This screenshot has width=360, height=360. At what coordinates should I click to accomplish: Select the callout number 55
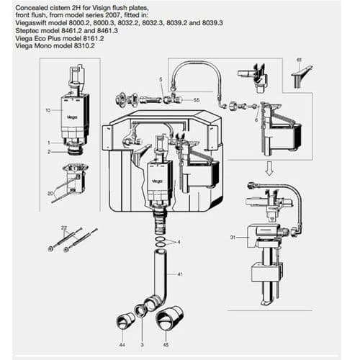[x=197, y=102]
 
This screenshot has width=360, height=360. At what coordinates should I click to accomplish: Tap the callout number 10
[x=48, y=110]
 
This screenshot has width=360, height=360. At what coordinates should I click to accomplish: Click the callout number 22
[x=64, y=228]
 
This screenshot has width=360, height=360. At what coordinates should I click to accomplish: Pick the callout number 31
[x=232, y=236]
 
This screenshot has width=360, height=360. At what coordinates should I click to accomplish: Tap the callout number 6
[x=256, y=120]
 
